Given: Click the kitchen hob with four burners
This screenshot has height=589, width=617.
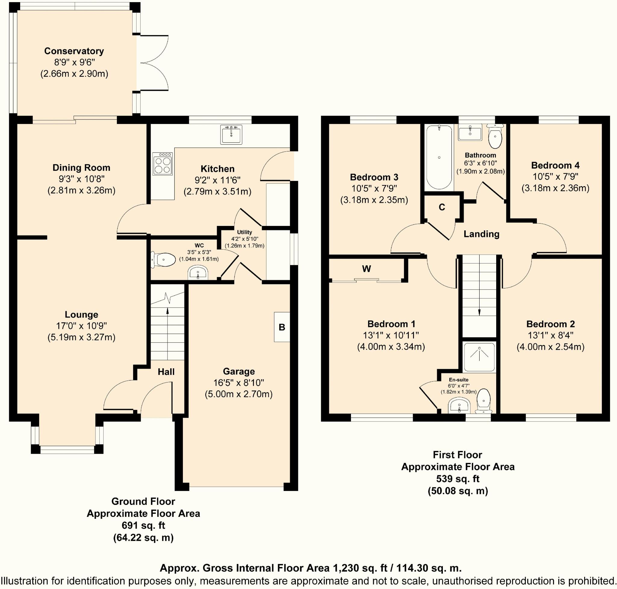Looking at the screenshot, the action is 162,163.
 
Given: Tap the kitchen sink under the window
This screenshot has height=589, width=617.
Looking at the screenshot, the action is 231,135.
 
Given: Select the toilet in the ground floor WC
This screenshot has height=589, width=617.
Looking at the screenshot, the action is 163,260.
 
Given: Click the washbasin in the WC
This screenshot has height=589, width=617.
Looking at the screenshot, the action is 198,273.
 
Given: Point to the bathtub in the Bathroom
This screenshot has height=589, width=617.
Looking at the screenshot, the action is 439,157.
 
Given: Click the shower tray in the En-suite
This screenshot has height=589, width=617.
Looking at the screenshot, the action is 479,357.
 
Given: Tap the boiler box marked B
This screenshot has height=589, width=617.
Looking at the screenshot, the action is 282,327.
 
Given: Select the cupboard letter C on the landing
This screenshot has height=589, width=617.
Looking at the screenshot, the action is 442,207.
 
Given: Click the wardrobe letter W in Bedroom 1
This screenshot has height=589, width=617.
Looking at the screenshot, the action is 366,268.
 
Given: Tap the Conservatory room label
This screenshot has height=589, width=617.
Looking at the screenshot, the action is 74,51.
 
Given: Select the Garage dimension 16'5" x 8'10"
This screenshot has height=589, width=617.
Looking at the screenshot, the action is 239,383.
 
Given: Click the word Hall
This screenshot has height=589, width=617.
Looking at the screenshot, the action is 166,372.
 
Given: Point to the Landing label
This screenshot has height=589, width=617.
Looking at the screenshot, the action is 481,234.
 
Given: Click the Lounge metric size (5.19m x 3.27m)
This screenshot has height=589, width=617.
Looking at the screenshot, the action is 82,337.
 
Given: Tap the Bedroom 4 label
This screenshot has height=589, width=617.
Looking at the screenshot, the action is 555,165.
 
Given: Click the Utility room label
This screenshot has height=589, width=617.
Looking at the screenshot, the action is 244,232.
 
